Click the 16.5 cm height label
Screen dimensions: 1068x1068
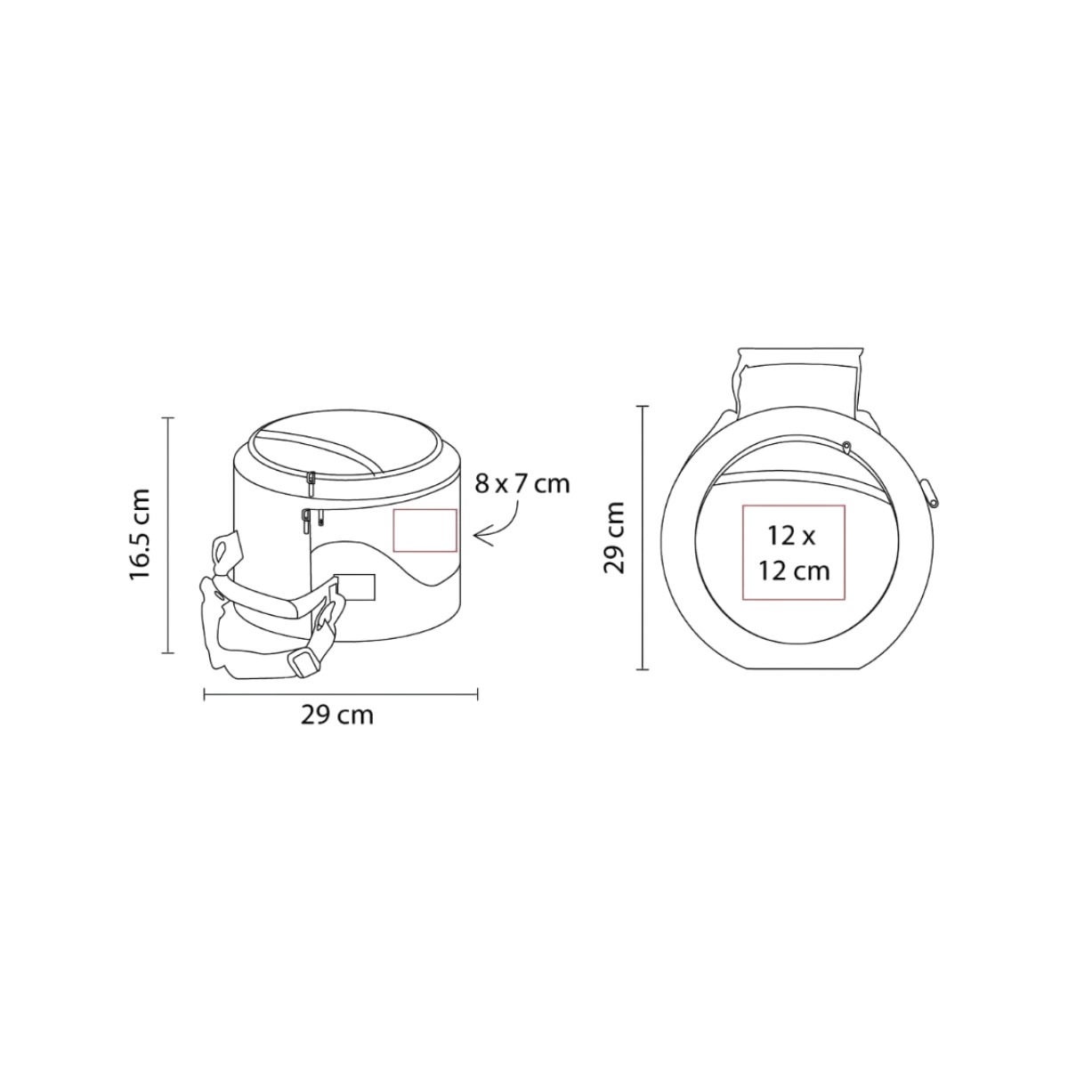click(140, 535)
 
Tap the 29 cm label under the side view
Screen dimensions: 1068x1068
click(337, 716)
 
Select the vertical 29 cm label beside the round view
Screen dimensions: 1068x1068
click(614, 538)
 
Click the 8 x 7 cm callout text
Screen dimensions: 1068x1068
click(522, 484)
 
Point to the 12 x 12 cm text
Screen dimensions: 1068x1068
click(794, 553)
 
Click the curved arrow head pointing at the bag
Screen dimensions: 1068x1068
click(483, 536)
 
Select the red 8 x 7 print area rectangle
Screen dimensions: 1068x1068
click(425, 530)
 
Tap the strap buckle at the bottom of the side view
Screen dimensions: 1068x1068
click(303, 665)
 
